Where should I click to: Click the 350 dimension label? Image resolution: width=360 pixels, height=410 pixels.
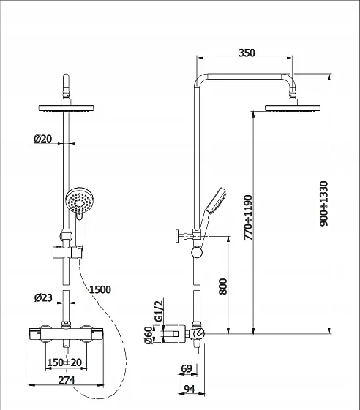(247, 53)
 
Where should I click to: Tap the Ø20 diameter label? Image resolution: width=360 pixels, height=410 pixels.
(42, 139)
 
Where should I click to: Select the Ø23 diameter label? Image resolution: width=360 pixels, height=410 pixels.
(43, 297)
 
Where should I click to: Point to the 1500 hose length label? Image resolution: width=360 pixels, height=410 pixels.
(100, 289)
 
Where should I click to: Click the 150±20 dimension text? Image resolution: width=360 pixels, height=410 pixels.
(64, 362)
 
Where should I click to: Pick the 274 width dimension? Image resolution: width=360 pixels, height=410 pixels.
(67, 380)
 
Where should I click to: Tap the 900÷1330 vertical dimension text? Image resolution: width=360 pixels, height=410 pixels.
(324, 204)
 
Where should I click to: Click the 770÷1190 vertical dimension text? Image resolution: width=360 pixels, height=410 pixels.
(248, 218)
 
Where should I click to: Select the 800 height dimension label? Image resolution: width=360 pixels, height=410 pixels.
(223, 286)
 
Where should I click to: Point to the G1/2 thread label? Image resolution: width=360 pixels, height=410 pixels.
(159, 311)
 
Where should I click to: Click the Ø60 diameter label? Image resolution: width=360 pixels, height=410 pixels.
(149, 335)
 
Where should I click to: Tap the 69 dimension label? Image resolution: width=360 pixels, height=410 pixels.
(187, 368)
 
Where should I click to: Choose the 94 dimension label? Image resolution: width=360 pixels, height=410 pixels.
(190, 390)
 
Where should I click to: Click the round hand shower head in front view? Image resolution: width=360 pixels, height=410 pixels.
(79, 201)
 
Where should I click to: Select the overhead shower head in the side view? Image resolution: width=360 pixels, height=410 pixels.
(293, 108)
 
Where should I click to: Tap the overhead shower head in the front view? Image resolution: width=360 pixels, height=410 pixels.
(67, 108)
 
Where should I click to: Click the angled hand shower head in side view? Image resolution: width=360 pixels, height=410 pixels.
(217, 200)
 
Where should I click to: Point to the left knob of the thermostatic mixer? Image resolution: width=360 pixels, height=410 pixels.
(46, 334)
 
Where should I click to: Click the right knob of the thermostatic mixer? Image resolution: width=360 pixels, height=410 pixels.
(86, 334)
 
